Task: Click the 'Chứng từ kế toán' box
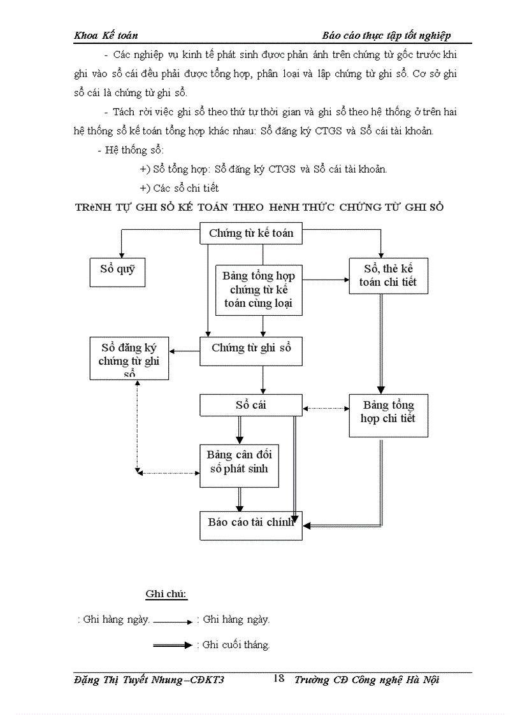[251, 234]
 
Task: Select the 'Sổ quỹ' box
[117, 270]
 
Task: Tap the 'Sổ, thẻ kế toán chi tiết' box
[388, 276]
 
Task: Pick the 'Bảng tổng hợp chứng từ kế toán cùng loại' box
[259, 290]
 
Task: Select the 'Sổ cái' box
[250, 405]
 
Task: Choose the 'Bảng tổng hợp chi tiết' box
[388, 415]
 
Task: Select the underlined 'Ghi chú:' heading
[166, 595]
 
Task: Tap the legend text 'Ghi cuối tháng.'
[236, 645]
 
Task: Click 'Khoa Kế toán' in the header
[106, 36]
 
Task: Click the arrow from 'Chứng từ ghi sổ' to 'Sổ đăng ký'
[185, 351]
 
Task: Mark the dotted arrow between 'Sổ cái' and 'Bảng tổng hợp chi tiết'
[326, 408]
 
